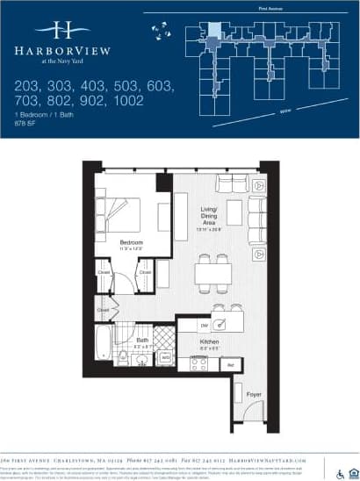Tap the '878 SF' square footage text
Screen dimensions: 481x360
point(29,123)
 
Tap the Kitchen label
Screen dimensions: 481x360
point(208,341)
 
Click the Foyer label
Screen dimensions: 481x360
point(254,394)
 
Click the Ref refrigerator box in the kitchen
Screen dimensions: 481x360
point(230,363)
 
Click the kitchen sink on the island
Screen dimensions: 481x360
point(224,323)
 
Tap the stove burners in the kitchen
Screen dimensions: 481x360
point(198,363)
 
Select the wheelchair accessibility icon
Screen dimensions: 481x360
point(341,467)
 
